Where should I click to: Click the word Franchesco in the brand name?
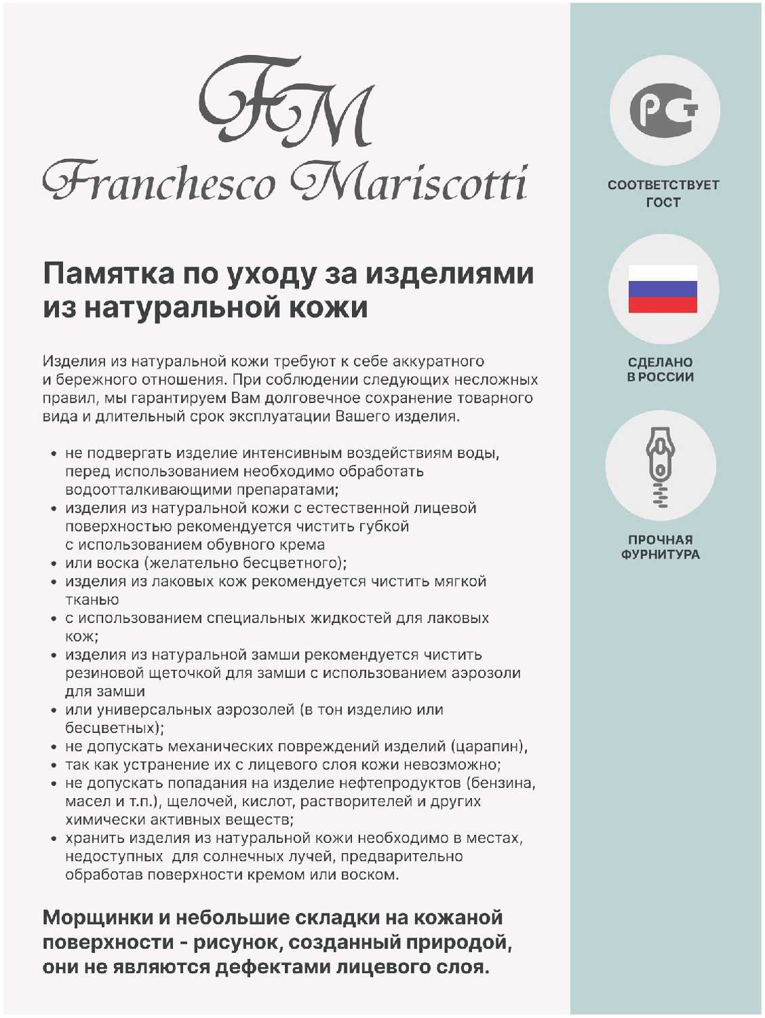pyautogui.click(x=160, y=182)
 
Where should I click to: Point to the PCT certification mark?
pyautogui.click(x=663, y=110)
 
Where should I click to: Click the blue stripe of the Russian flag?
pyautogui.click(x=663, y=289)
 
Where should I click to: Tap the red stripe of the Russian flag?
pyautogui.click(x=663, y=305)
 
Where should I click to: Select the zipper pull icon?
pyautogui.click(x=661, y=467)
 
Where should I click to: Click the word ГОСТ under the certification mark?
pyautogui.click(x=663, y=202)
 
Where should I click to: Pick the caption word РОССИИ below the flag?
pyautogui.click(x=666, y=377)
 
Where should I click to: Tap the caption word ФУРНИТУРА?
pyautogui.click(x=661, y=554)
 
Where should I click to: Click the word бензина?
pyautogui.click(x=503, y=783)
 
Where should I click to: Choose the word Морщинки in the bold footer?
pyautogui.click(x=98, y=918)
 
